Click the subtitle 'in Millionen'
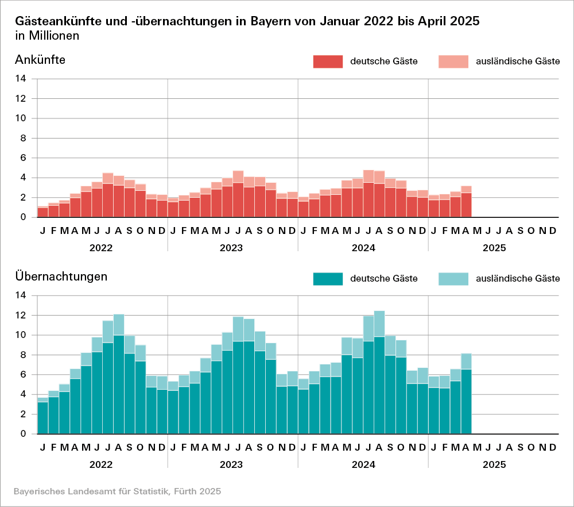tap(47, 36)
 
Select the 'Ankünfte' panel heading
tap(40, 59)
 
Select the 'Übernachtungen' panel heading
tap(61, 276)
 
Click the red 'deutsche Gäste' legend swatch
tap(328, 62)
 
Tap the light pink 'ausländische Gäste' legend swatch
tap(453, 62)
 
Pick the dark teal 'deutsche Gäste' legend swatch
tap(328, 279)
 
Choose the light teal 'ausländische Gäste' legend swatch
tap(453, 279)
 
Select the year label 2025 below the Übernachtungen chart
tap(494, 464)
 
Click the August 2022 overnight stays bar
tap(118, 374)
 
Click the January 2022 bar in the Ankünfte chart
tap(42, 212)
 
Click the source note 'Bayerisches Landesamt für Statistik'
tap(117, 491)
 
